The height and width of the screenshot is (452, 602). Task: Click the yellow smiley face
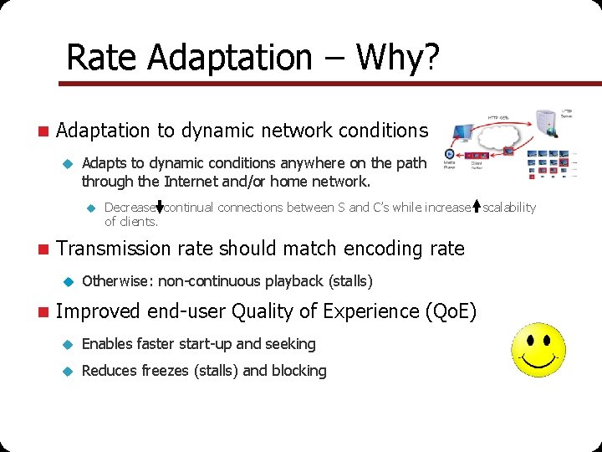click(x=538, y=350)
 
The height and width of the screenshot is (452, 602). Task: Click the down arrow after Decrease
click(x=160, y=207)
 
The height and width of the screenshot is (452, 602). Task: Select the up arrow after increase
click(x=476, y=207)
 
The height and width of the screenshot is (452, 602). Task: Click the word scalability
click(x=509, y=207)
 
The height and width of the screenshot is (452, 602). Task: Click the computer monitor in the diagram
click(x=463, y=131)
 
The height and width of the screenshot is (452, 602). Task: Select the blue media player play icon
click(x=450, y=155)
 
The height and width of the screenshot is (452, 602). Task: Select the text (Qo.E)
click(x=451, y=312)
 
